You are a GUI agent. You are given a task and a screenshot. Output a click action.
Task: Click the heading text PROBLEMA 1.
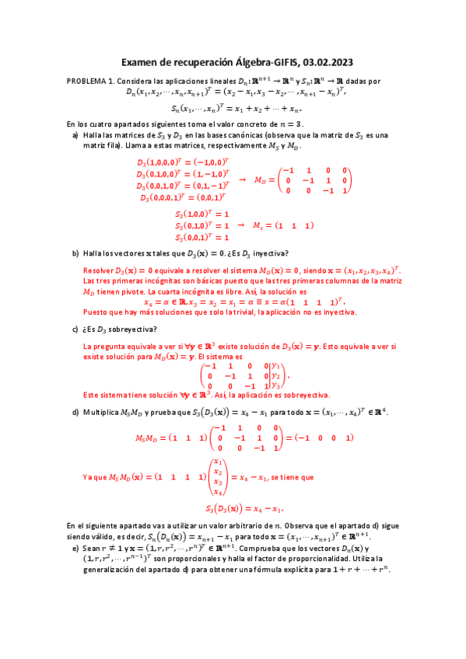click(x=91, y=81)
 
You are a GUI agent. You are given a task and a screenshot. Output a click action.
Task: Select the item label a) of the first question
click(x=76, y=134)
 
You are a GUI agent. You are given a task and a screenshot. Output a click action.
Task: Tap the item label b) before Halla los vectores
click(x=76, y=253)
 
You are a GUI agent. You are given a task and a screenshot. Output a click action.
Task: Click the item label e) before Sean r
click(x=76, y=548)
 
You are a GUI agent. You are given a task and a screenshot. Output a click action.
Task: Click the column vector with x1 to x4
click(x=217, y=477)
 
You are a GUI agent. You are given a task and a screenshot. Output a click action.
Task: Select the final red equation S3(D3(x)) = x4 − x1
click(x=244, y=510)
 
